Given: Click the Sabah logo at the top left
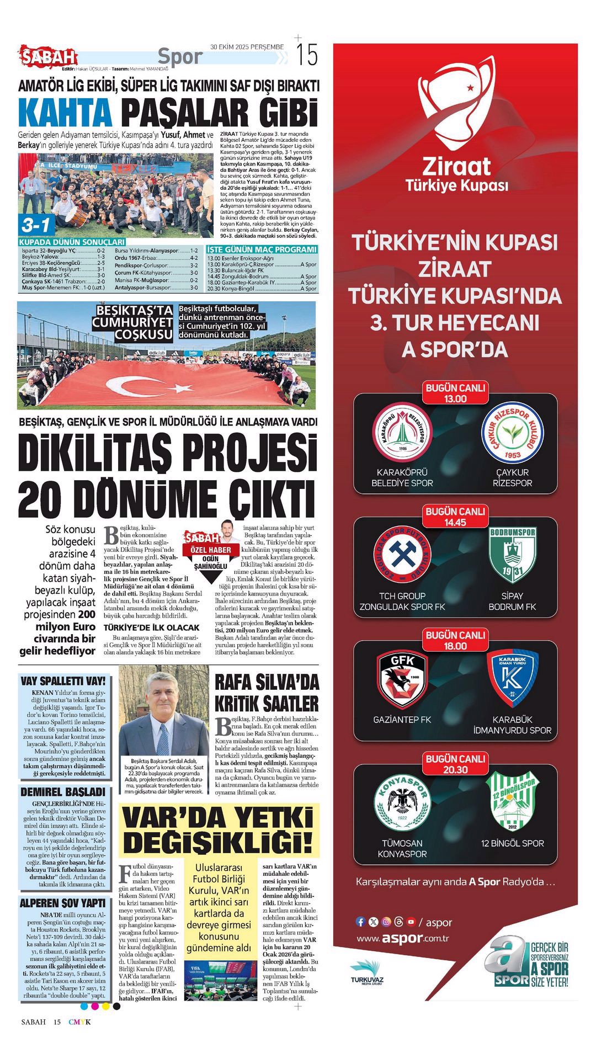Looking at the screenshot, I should tap(49, 56).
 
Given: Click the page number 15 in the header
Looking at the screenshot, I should tap(307, 55).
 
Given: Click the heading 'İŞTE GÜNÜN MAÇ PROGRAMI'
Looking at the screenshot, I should tap(262, 249).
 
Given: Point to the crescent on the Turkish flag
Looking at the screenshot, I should tap(126, 385).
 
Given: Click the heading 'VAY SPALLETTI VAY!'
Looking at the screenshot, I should tap(62, 681).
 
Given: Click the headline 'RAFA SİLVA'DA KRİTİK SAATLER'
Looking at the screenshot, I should tap(267, 693).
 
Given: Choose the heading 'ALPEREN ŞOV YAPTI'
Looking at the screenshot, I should tap(62, 903).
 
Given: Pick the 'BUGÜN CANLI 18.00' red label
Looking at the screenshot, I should tap(455, 640).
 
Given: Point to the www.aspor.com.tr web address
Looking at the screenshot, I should tap(402, 938).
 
